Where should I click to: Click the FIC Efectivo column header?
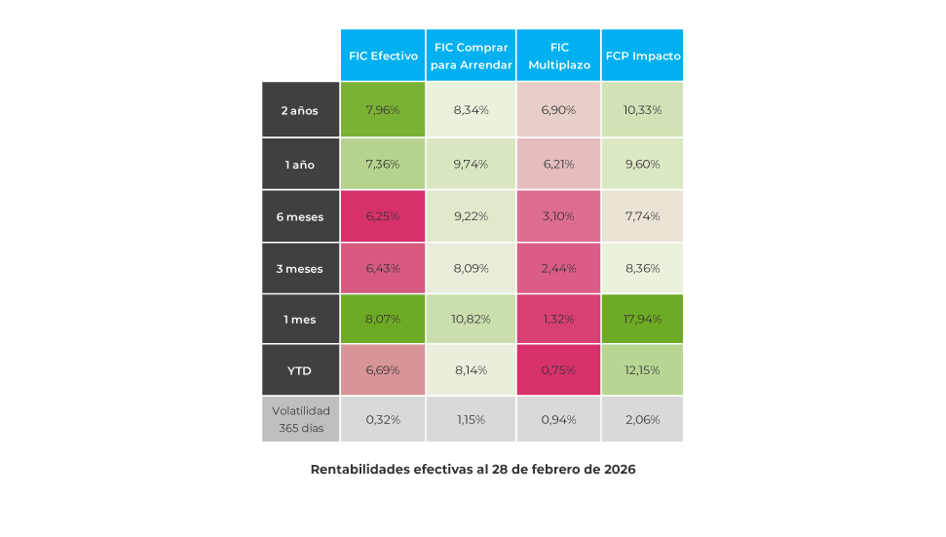click(383, 56)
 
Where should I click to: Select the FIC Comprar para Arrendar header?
click(472, 56)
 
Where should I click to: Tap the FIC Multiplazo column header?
click(558, 56)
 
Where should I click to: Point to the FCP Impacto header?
click(643, 56)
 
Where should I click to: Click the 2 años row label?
click(300, 110)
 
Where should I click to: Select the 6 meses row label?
click(300, 216)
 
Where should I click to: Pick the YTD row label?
click(300, 370)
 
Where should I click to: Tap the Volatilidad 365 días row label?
click(300, 419)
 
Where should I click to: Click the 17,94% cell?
click(643, 319)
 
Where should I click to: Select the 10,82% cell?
click(472, 319)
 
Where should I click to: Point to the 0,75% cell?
click(558, 370)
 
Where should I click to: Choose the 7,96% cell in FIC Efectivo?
click(383, 110)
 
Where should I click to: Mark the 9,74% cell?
click(472, 165)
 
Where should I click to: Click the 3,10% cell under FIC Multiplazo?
click(558, 216)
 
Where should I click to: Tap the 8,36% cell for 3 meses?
click(643, 268)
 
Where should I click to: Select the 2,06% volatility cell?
click(643, 420)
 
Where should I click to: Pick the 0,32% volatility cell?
click(383, 420)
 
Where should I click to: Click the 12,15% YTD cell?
click(643, 370)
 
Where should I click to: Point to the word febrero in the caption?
click(549, 470)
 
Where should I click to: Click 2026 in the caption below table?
click(619, 470)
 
